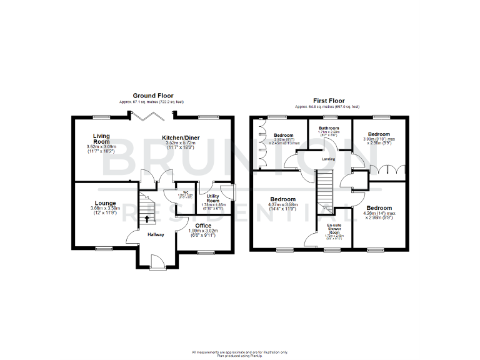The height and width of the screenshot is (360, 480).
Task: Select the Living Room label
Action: click(102, 139)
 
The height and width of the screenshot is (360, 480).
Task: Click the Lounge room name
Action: click(105, 203)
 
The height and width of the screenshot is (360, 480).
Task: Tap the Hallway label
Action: click(156, 235)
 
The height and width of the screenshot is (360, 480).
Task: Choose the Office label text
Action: click(202, 226)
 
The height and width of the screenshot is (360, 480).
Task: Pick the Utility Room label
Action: click(213, 198)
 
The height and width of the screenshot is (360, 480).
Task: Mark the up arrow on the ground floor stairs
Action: click(147, 219)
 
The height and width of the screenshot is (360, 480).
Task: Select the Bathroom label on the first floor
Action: click(327, 127)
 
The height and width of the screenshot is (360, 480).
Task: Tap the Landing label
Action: click(328, 159)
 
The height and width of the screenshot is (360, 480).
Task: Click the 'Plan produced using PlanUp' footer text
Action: click(239, 356)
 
